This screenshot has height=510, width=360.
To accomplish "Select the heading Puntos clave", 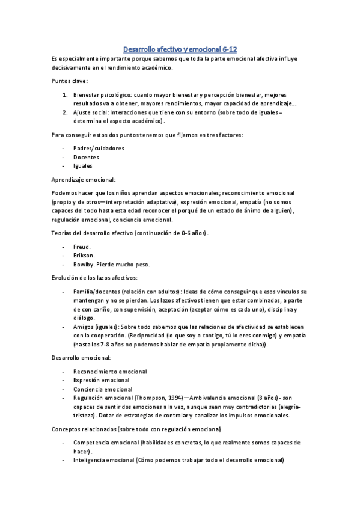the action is [70, 81].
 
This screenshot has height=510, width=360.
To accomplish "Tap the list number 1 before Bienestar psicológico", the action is [65, 95].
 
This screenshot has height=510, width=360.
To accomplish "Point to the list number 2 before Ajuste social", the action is [65, 112].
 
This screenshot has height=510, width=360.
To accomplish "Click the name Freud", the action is [82, 247].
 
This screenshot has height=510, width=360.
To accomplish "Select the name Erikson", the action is [84, 256].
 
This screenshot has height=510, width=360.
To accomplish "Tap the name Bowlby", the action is [84, 265].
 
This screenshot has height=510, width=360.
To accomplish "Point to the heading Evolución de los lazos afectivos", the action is [94, 278].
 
